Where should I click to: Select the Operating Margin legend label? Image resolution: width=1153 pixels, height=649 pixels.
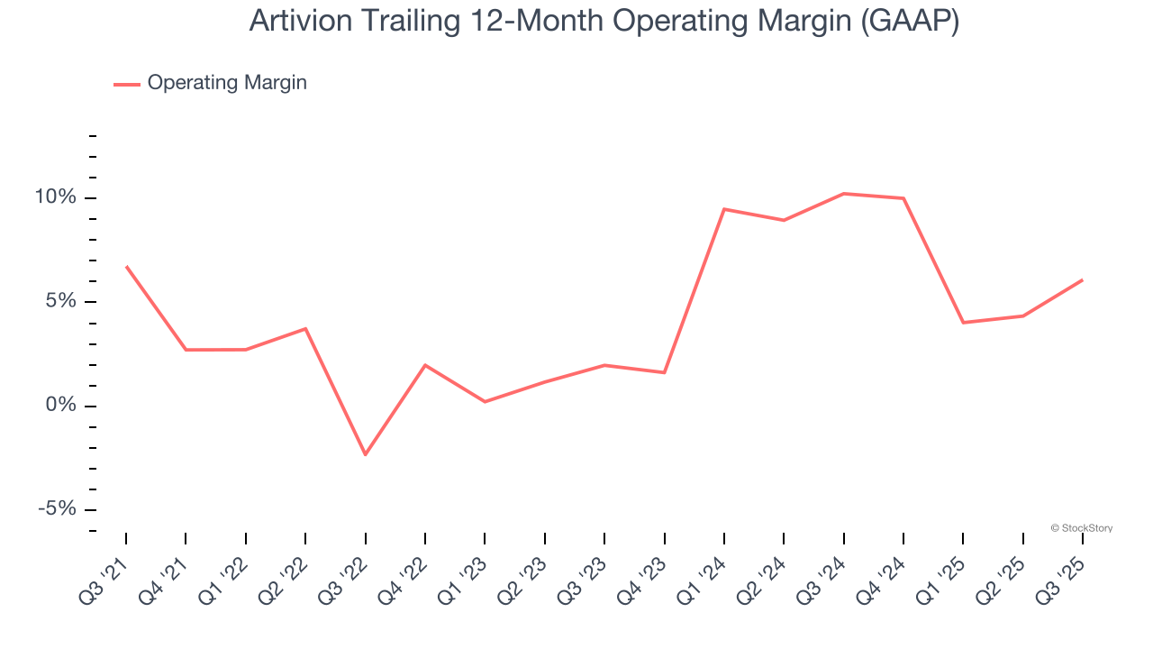click(x=227, y=83)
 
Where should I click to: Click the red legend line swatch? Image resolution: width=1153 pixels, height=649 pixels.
click(x=126, y=84)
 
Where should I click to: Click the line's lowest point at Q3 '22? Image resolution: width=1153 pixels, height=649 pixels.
click(x=365, y=454)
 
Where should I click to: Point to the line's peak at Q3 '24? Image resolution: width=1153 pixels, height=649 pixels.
click(x=843, y=194)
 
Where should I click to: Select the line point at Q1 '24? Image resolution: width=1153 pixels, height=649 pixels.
click(x=724, y=209)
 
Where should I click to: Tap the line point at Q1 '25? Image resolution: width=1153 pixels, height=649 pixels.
click(x=963, y=323)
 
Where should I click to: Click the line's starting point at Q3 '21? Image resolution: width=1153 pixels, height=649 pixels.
click(x=126, y=267)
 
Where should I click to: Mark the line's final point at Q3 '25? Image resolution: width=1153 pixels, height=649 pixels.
click(x=1082, y=279)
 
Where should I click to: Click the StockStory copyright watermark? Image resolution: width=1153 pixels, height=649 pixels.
click(x=1081, y=528)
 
